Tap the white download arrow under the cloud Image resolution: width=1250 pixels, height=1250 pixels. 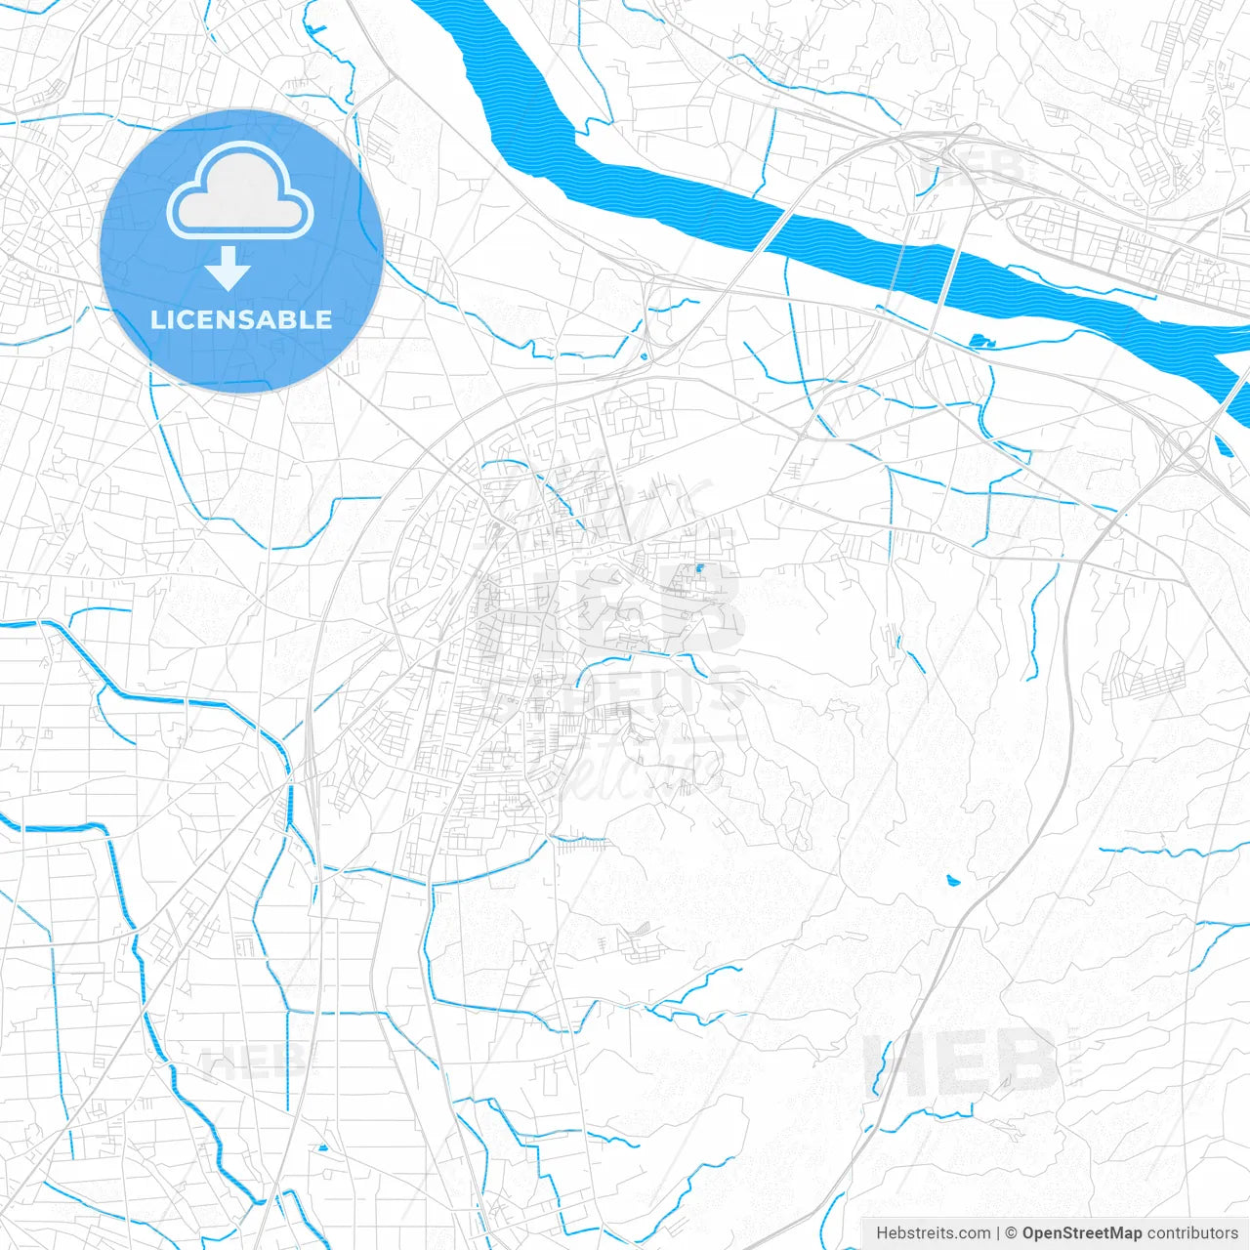coord(229,269)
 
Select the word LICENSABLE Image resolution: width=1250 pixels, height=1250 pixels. coord(241,319)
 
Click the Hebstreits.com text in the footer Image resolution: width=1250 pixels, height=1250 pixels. coord(933,1233)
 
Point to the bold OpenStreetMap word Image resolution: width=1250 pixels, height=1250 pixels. coord(1081,1233)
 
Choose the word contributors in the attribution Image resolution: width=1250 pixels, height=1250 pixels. coord(1191,1233)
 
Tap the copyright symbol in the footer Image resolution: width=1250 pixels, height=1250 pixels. coord(1011,1233)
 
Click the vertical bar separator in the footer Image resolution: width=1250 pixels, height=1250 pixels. coord(997,1233)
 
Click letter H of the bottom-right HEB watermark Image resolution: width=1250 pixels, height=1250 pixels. coord(895,1063)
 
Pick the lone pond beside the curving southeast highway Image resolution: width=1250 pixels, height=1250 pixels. coord(953,880)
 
